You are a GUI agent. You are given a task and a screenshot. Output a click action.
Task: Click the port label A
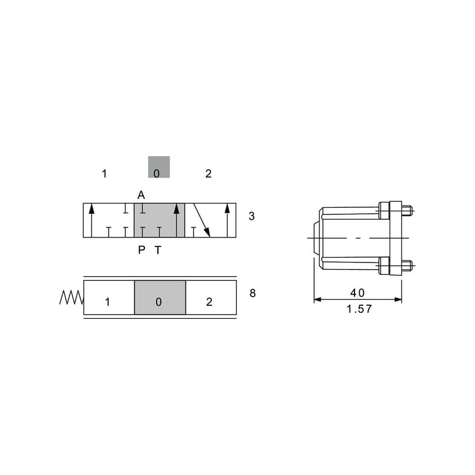pyautogui.click(x=141, y=195)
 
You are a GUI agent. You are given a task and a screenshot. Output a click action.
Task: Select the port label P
pyautogui.click(x=141, y=250)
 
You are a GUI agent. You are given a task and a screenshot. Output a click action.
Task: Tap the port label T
pyautogui.click(x=158, y=250)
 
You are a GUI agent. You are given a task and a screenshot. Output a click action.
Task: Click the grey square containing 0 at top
pyautogui.click(x=159, y=167)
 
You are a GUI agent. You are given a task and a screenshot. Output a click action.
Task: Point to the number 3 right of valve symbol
pyautogui.click(x=251, y=216)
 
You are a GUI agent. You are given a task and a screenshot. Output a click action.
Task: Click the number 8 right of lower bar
pyautogui.click(x=253, y=293)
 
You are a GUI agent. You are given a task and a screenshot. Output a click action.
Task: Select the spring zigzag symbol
pyautogui.click(x=71, y=297)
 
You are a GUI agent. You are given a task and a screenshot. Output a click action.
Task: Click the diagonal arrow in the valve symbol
pyautogui.click(x=202, y=220)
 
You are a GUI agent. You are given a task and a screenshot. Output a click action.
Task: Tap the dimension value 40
pyautogui.click(x=357, y=293)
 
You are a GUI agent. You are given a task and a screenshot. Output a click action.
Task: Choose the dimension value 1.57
pyautogui.click(x=359, y=309)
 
